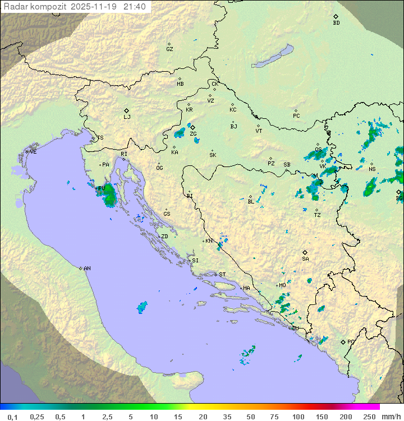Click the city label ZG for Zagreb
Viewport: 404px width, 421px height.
(x=193, y=135)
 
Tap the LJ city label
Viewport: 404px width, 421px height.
(x=127, y=117)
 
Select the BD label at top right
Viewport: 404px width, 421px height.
(x=336, y=23)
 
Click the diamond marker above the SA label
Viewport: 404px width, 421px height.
(x=305, y=252)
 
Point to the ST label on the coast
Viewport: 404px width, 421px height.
(x=222, y=275)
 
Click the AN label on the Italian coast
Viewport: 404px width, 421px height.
(x=87, y=269)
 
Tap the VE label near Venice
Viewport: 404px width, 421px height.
(x=33, y=152)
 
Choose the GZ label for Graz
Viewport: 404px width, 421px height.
(x=169, y=49)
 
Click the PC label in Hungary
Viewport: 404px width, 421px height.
(x=296, y=116)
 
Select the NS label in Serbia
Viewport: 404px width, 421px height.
(x=372, y=169)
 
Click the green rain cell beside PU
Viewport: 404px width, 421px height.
(x=109, y=195)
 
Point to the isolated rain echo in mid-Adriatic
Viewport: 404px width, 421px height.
(x=142, y=307)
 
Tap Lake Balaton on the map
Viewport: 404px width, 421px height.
(x=272, y=57)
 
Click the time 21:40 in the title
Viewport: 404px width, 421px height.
(x=135, y=6)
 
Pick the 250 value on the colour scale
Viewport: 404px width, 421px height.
(x=369, y=417)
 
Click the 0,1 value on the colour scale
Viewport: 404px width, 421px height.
(x=12, y=417)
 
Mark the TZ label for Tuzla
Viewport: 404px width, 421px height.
(x=318, y=215)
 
